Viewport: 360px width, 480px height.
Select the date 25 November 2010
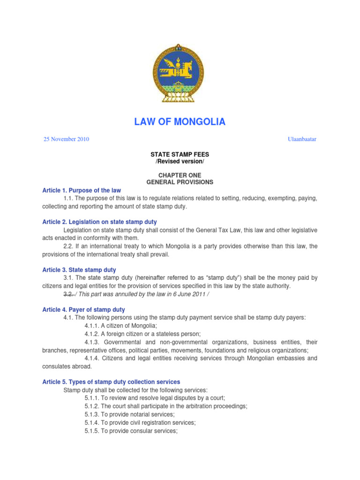click(66, 139)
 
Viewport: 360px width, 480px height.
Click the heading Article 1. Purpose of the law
click(82, 190)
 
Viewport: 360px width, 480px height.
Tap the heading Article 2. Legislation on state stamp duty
click(99, 222)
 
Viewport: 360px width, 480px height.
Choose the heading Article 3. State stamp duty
click(79, 270)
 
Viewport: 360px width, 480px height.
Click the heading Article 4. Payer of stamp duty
click(83, 310)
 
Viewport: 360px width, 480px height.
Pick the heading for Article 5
click(111, 382)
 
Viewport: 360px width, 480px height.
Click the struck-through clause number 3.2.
click(69, 294)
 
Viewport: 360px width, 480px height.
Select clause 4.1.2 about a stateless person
click(142, 334)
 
